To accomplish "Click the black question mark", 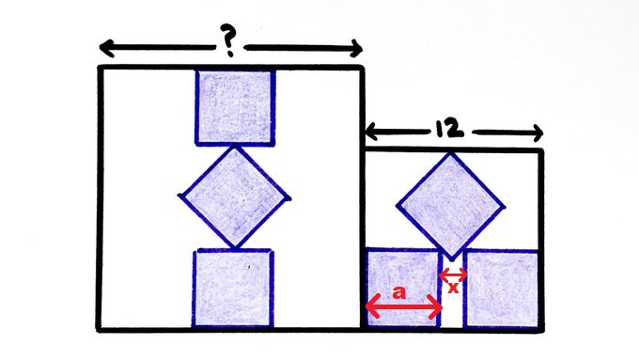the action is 229,40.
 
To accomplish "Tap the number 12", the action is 449,129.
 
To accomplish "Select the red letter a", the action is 399,292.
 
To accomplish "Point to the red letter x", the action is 453,288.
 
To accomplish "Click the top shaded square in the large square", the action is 235,108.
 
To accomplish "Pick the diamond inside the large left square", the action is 235,197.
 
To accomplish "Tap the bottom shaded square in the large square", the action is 233,289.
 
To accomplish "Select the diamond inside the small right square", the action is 451,206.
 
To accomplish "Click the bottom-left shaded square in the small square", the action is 403,288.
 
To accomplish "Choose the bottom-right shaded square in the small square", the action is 502,289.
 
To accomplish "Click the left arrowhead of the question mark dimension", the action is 107,48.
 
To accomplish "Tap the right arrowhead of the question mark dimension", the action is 355,49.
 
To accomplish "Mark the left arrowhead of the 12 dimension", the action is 372,132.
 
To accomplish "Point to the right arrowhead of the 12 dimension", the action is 537,133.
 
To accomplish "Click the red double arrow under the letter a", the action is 404,308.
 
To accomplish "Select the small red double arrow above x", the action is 453,275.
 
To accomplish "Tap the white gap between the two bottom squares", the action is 452,293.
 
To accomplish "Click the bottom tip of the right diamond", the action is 451,260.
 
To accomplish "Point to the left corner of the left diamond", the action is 179,196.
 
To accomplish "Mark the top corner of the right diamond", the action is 450,153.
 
